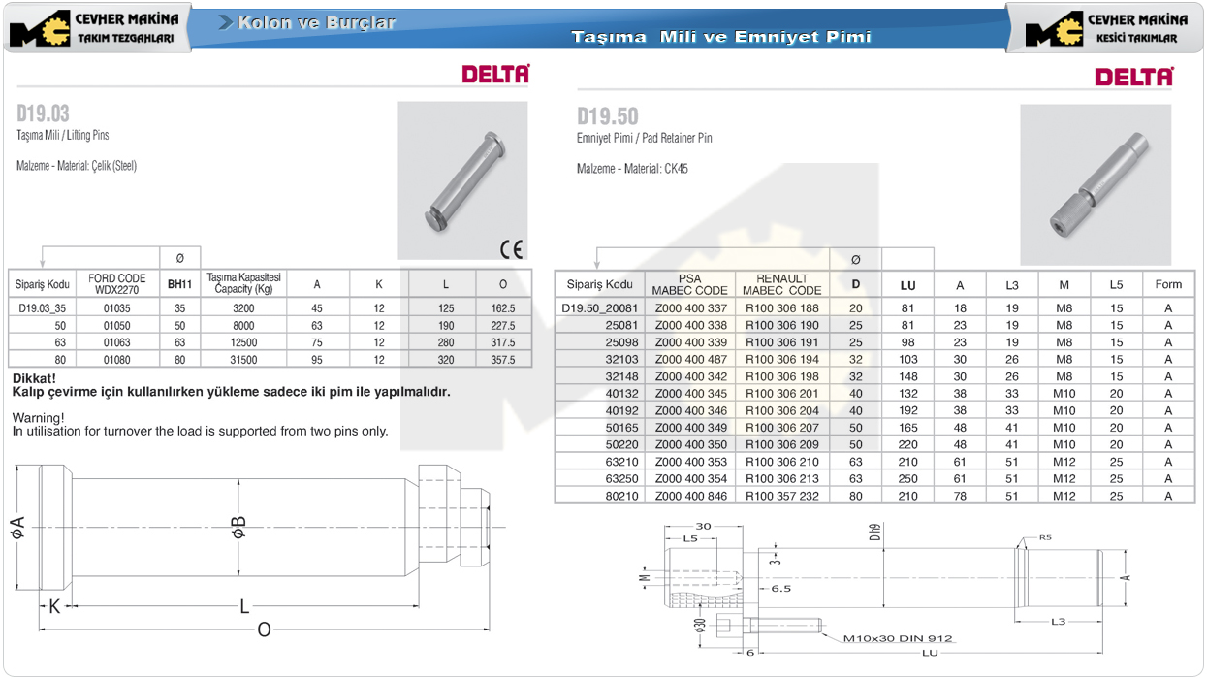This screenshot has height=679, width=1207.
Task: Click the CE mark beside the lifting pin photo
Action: (x=511, y=249)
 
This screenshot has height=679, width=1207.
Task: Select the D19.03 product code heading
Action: (x=43, y=113)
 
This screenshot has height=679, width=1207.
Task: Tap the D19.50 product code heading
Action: (x=607, y=116)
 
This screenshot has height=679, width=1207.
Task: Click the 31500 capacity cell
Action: (x=243, y=360)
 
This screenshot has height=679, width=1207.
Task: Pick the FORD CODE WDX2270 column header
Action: (x=117, y=283)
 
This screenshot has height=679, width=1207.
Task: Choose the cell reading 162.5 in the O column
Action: (x=503, y=308)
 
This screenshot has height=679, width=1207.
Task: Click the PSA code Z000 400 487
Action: (x=691, y=359)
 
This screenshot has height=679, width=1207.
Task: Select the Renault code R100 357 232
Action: (x=781, y=496)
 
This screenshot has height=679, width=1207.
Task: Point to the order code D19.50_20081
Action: (x=599, y=308)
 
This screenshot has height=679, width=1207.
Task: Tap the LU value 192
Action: (x=908, y=410)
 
